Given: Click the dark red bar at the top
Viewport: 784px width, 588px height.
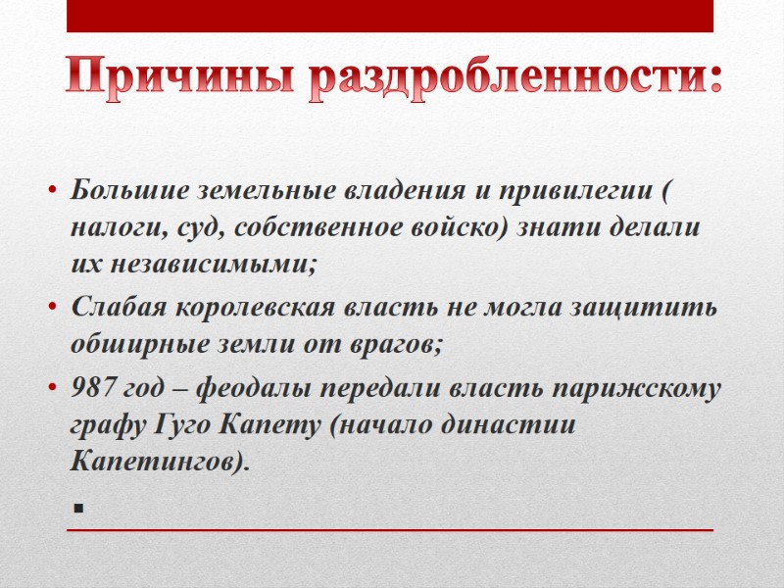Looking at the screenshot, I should click(389, 16).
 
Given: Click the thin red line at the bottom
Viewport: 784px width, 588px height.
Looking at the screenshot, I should click(389, 530).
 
